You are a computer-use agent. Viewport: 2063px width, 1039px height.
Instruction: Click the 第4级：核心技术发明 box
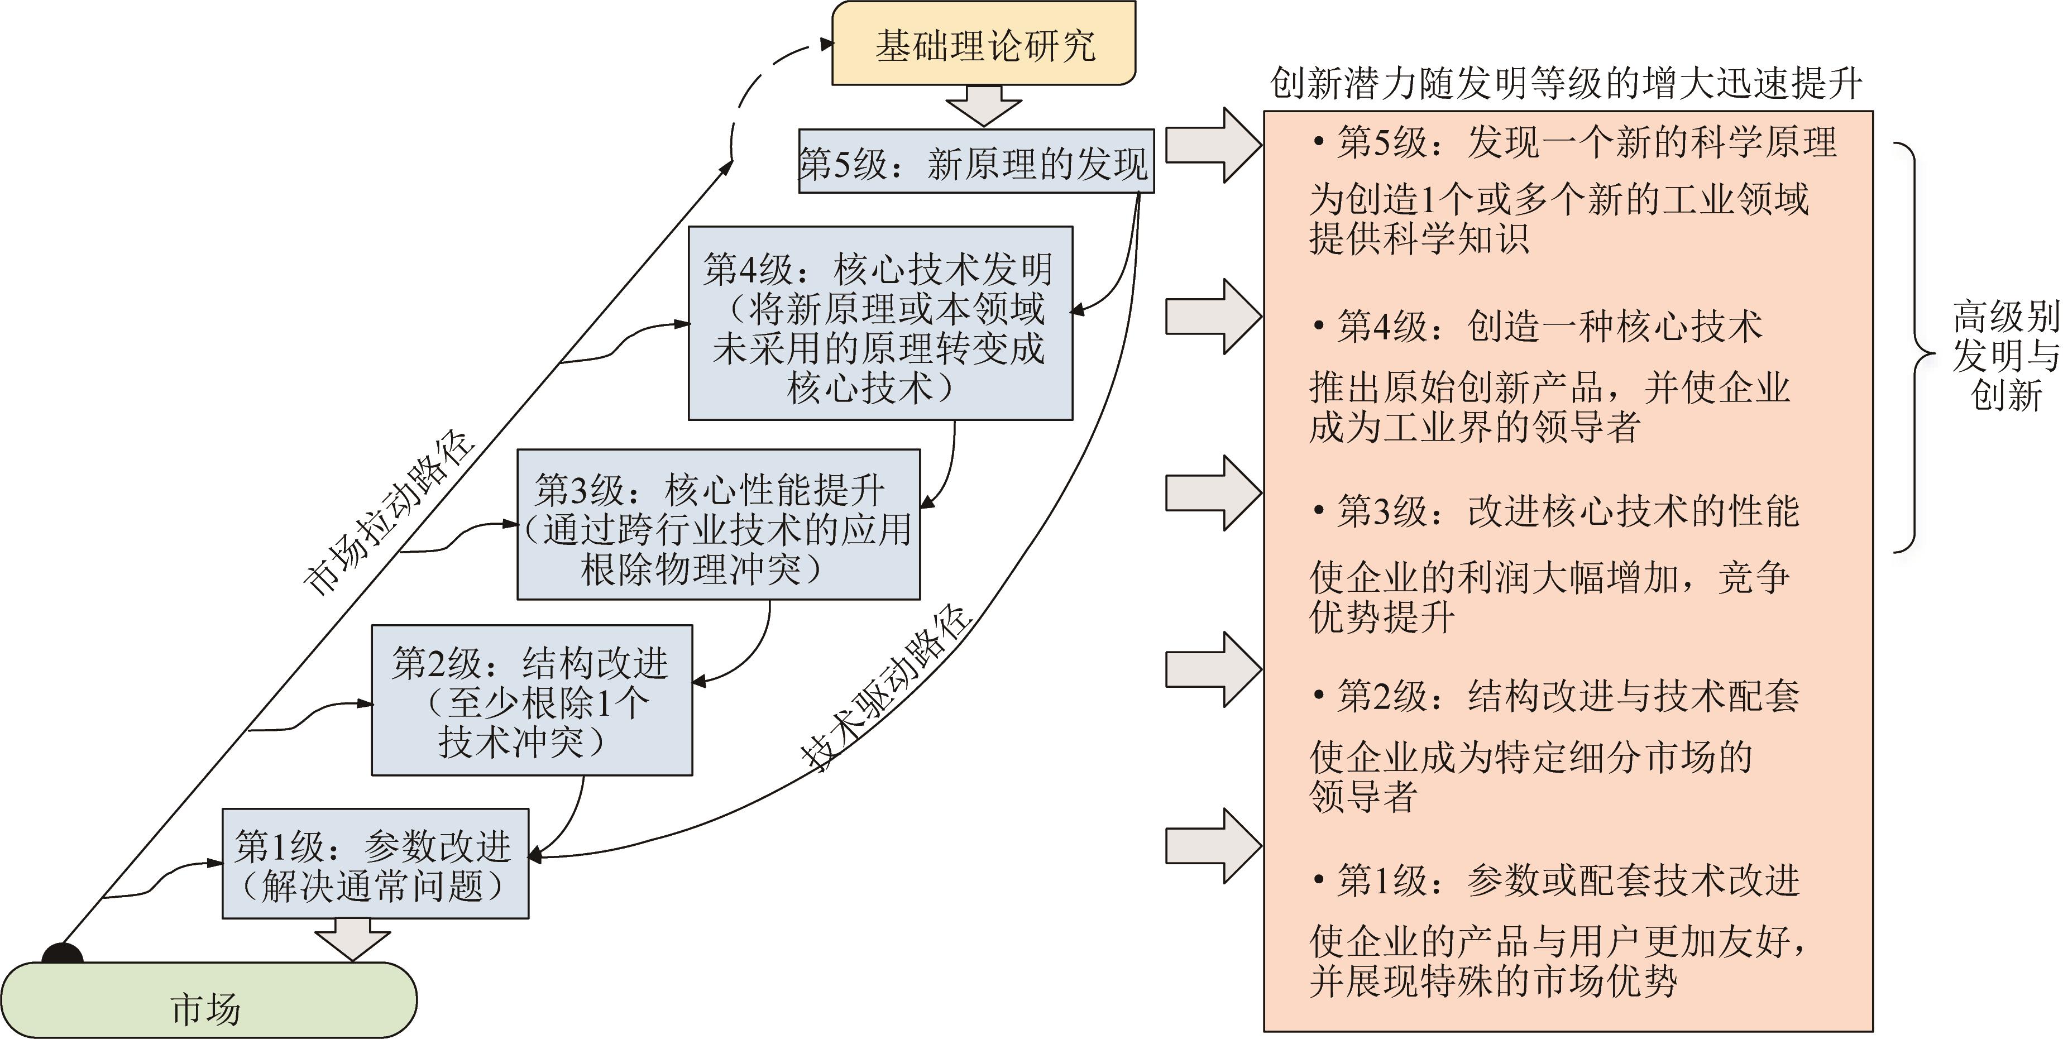point(879,323)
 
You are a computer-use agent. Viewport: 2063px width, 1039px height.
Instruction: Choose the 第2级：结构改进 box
point(531,700)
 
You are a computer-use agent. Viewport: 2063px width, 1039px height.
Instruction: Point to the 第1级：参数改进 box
point(375,864)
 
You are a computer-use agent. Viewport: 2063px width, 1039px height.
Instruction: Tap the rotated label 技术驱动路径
point(885,687)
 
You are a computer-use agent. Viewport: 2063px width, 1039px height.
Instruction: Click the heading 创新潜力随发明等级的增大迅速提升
point(1566,83)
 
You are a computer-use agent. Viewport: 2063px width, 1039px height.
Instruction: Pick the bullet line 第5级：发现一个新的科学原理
point(1574,142)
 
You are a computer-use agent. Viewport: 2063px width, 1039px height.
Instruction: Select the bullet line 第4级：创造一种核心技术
point(1538,327)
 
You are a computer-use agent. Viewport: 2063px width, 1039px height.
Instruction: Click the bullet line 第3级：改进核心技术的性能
point(1556,511)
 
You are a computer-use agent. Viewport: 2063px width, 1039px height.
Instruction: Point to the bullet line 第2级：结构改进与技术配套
point(1556,695)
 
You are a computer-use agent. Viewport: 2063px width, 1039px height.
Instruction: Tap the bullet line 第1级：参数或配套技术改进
point(1556,880)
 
